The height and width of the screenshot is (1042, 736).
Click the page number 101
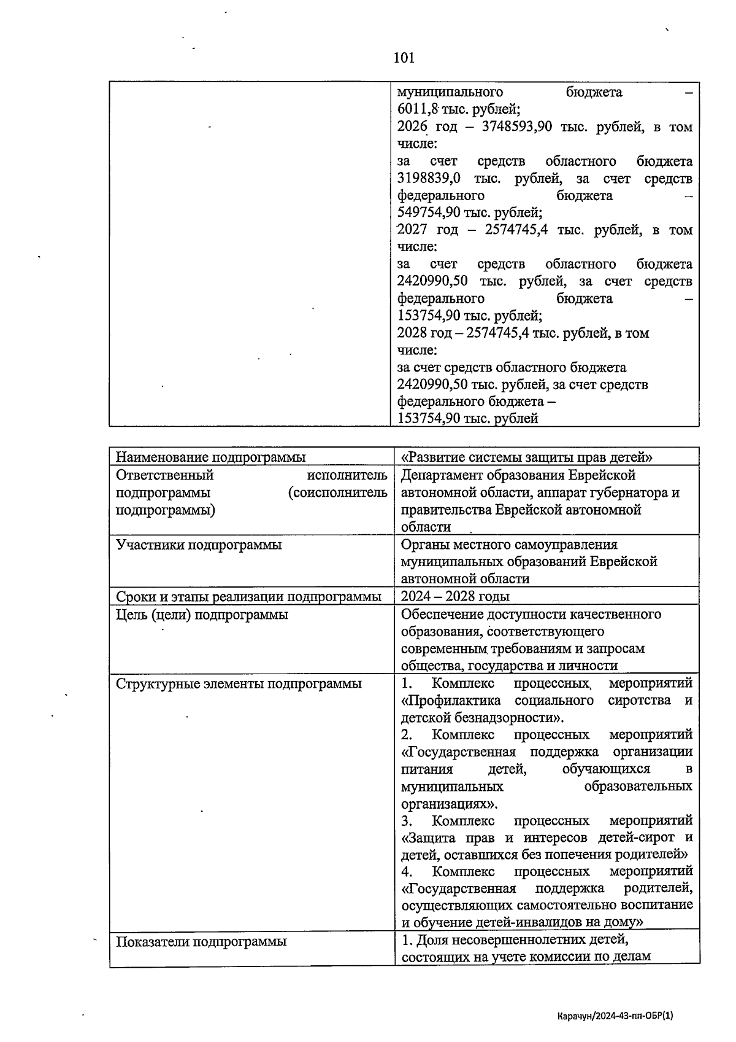404,58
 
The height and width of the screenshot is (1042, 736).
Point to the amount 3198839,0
429,179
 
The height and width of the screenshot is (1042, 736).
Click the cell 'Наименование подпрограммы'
211,457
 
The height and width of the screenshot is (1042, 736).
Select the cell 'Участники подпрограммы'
199,545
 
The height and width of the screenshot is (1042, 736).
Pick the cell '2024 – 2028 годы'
455,596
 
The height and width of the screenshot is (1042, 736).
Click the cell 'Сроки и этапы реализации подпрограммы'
248,596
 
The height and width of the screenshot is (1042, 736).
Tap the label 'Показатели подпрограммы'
201,941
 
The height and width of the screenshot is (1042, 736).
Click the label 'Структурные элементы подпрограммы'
239,683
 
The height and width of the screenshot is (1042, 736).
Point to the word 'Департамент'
442,475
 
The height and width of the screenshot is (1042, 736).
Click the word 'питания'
427,769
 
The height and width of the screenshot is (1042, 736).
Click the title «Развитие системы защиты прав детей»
526,457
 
